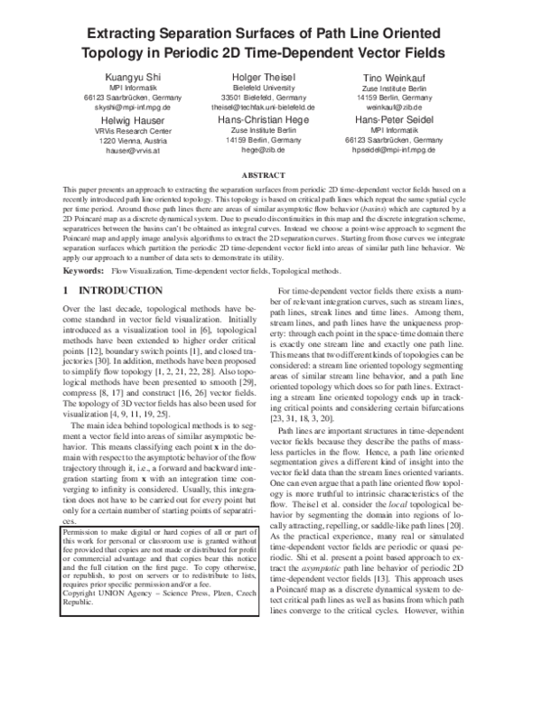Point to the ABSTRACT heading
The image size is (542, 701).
(x=271, y=173)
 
